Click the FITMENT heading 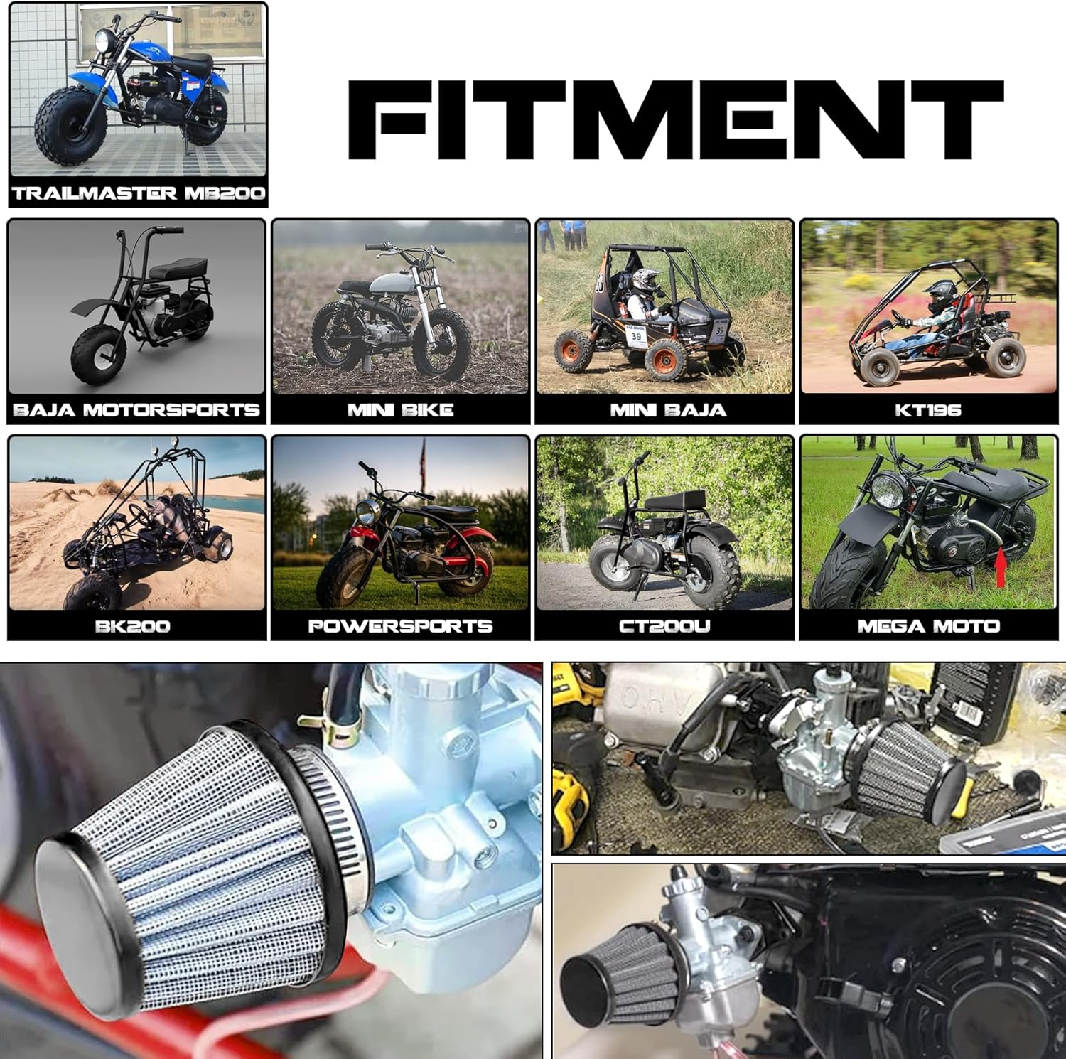coord(675,119)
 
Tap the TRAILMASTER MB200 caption coord(139,193)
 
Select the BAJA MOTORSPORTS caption coord(136,410)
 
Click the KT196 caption coord(928,410)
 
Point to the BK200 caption coord(133,626)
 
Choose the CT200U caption coord(664,626)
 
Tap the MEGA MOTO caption coord(928,626)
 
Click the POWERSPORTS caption coord(400,626)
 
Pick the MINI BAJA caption coord(668,410)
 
